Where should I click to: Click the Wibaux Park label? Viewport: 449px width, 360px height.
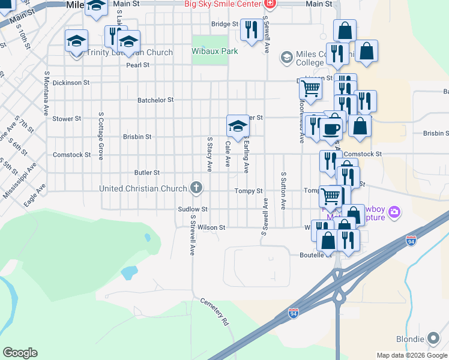[215, 52]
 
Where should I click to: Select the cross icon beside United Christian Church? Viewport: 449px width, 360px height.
[196, 188]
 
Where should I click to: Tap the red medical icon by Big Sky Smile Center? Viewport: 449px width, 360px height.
[270, 4]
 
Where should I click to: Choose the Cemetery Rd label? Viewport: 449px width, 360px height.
[215, 312]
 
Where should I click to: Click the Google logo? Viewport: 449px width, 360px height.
[20, 353]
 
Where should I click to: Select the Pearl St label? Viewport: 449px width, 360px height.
[137, 65]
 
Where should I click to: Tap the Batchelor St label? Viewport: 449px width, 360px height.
[155, 100]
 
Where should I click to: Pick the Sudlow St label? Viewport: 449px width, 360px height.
[193, 209]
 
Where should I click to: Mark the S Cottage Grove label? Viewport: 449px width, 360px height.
[101, 135]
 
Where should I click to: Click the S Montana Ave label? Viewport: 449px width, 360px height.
[46, 93]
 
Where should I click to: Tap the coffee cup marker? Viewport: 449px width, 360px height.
[332, 128]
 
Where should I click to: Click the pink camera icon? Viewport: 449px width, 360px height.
[394, 212]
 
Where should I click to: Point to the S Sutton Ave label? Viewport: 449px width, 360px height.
[283, 190]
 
